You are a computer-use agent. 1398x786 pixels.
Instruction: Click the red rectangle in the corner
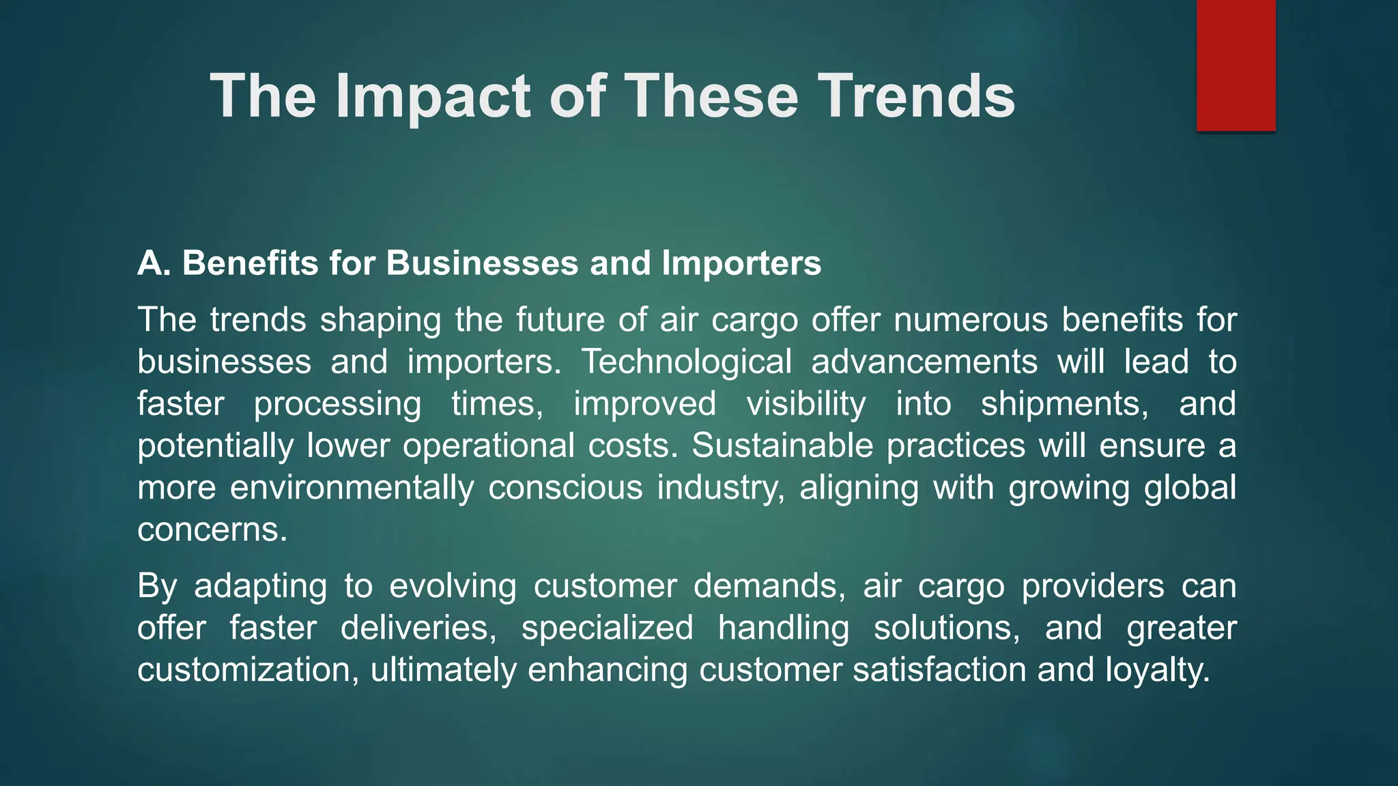1236,65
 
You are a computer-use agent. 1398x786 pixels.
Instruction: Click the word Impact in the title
433,96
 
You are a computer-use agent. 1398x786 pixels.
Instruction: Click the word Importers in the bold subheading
741,263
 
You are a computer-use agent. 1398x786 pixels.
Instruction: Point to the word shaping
380,320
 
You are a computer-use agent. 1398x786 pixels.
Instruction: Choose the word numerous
971,320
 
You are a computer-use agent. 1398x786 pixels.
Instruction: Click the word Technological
687,362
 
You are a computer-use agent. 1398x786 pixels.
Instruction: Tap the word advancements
924,362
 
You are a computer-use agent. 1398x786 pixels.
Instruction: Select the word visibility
805,404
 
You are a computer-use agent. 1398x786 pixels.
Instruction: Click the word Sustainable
782,446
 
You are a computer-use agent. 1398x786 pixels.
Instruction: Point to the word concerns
212,530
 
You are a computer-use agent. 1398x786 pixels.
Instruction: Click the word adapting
260,587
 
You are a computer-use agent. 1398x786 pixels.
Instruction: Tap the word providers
1093,587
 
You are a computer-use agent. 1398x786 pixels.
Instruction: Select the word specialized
608,628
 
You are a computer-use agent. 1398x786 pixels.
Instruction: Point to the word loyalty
1158,670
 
